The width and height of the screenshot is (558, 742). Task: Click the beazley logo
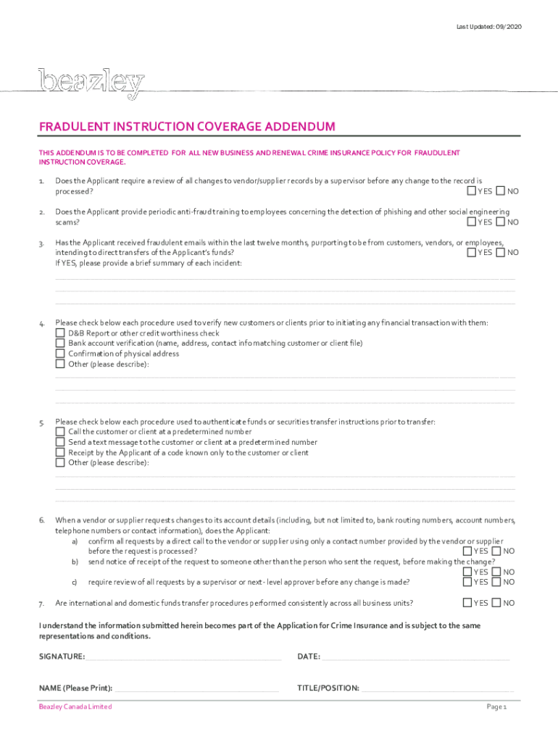(91, 83)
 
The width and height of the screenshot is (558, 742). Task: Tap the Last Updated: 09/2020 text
(488, 27)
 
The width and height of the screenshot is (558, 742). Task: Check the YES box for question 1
(471, 191)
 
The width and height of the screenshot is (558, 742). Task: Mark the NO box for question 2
(500, 222)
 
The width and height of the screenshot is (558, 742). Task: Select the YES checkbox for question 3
(471, 252)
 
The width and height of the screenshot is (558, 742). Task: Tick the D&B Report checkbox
(60, 333)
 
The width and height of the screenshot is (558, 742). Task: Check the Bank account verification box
(60, 343)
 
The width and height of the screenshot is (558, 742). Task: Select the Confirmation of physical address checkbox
(60, 354)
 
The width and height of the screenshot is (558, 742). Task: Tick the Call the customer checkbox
(60, 431)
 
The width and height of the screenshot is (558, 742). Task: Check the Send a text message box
(60, 442)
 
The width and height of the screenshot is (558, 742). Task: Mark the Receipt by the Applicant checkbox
(60, 452)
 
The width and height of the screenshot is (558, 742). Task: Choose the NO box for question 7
(496, 603)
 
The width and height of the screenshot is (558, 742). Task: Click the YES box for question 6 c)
(467, 582)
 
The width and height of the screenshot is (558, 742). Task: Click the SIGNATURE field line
(183, 659)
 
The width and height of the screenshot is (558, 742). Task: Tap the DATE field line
(416, 659)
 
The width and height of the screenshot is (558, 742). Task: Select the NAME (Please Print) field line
(196, 690)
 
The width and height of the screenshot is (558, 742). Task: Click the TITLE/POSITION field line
(438, 690)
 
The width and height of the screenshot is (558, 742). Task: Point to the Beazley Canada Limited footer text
(75, 706)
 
